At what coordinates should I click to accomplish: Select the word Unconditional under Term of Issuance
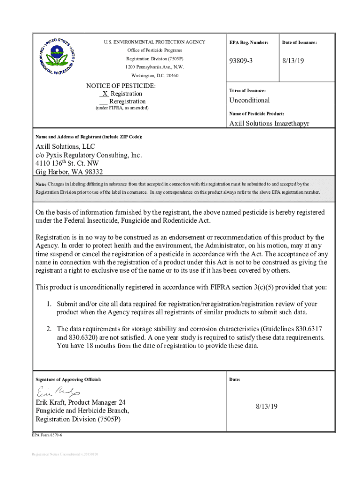[249, 100]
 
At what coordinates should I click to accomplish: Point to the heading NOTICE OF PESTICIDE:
[121, 86]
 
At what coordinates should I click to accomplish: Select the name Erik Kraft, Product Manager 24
[80, 402]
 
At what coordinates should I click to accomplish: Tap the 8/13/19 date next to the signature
[266, 406]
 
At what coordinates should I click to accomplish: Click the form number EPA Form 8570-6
[47, 435]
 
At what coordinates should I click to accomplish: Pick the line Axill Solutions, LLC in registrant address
[65, 146]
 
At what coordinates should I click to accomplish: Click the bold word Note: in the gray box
[41, 184]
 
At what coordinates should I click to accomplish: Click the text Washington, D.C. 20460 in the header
[154, 75]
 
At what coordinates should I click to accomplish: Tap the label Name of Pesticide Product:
[256, 114]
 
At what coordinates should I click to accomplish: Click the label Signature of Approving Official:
[68, 379]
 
